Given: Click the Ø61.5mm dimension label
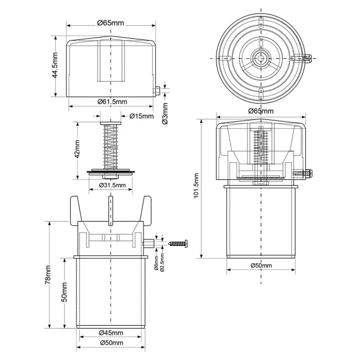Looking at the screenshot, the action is (x=112, y=101).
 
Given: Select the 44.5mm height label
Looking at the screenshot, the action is (x=55, y=65).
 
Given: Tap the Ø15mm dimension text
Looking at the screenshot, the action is (x=141, y=116).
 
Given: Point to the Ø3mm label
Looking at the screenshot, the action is (x=165, y=114).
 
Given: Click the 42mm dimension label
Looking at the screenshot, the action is (x=77, y=149).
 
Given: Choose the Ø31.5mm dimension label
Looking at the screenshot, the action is (x=112, y=185).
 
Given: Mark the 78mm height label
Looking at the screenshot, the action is (x=48, y=275).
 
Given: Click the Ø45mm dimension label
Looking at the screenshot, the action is (x=111, y=333).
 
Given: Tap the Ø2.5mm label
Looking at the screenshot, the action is (x=162, y=262).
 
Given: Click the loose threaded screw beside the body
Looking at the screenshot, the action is (x=178, y=244).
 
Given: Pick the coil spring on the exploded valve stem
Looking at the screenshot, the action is (x=111, y=147).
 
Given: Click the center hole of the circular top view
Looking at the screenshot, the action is (x=261, y=58).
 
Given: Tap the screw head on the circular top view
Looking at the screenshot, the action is (x=308, y=58).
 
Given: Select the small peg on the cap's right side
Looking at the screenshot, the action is (x=158, y=91).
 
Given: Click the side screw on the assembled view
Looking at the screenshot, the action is (x=302, y=173).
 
